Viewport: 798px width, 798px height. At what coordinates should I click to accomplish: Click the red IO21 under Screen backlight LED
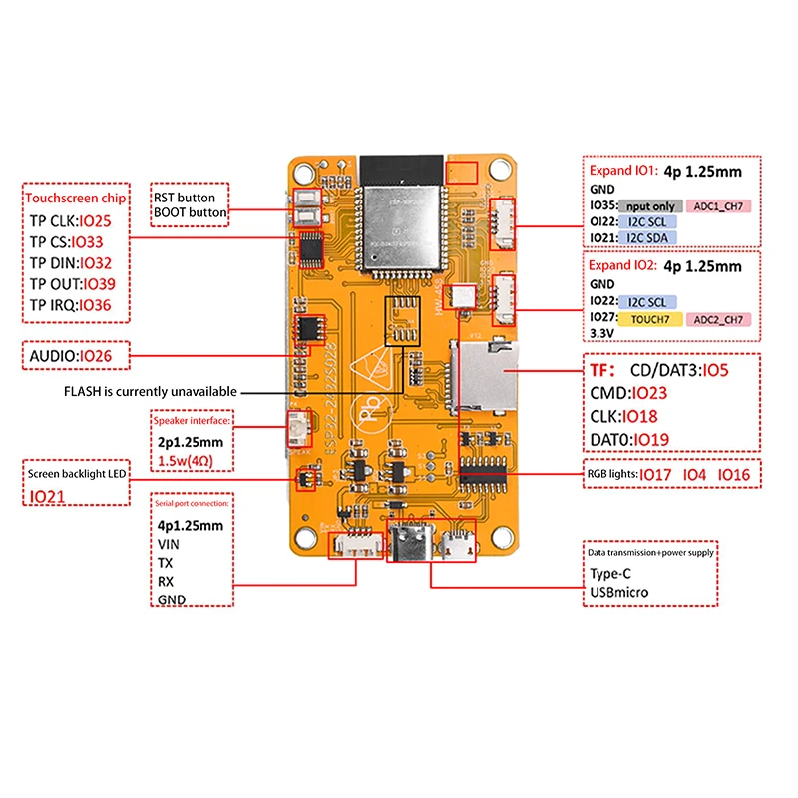click(x=47, y=496)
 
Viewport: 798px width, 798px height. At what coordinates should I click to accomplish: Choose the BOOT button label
click(x=191, y=212)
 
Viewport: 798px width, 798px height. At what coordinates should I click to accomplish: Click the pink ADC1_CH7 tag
click(x=718, y=206)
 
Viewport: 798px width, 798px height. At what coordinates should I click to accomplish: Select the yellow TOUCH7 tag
click(x=649, y=320)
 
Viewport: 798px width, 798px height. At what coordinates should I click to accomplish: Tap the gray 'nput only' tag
click(x=650, y=206)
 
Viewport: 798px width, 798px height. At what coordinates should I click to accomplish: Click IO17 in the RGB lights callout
click(x=655, y=474)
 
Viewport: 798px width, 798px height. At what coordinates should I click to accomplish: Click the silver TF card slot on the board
click(x=484, y=377)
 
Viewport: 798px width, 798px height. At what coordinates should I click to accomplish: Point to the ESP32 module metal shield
click(x=401, y=215)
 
